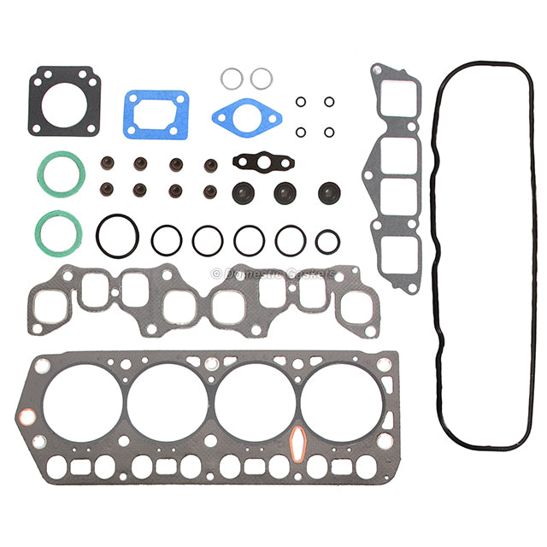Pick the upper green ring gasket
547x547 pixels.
[42, 174]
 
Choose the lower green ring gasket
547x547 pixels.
[40, 233]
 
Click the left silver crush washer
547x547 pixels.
[223, 79]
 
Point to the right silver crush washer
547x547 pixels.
[253, 79]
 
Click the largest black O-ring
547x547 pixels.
[99, 236]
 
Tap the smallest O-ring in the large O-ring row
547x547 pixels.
[317, 242]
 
